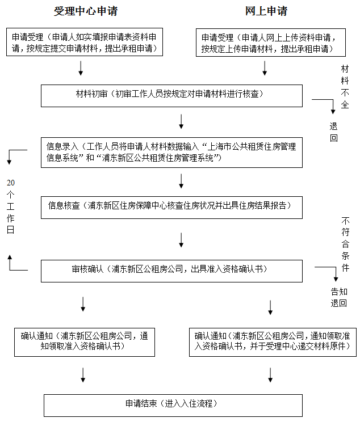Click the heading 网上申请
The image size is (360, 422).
(266, 11)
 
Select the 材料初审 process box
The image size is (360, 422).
(179, 95)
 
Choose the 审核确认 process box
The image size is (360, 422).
(179, 270)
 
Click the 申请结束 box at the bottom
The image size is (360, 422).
(172, 404)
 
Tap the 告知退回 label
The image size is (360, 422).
(339, 297)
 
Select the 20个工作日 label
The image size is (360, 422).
(10, 206)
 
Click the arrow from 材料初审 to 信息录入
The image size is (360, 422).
(181, 121)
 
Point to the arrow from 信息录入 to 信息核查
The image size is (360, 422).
(181, 181)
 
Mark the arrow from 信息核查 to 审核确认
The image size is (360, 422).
(181, 239)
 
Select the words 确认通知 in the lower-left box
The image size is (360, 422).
(37, 335)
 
